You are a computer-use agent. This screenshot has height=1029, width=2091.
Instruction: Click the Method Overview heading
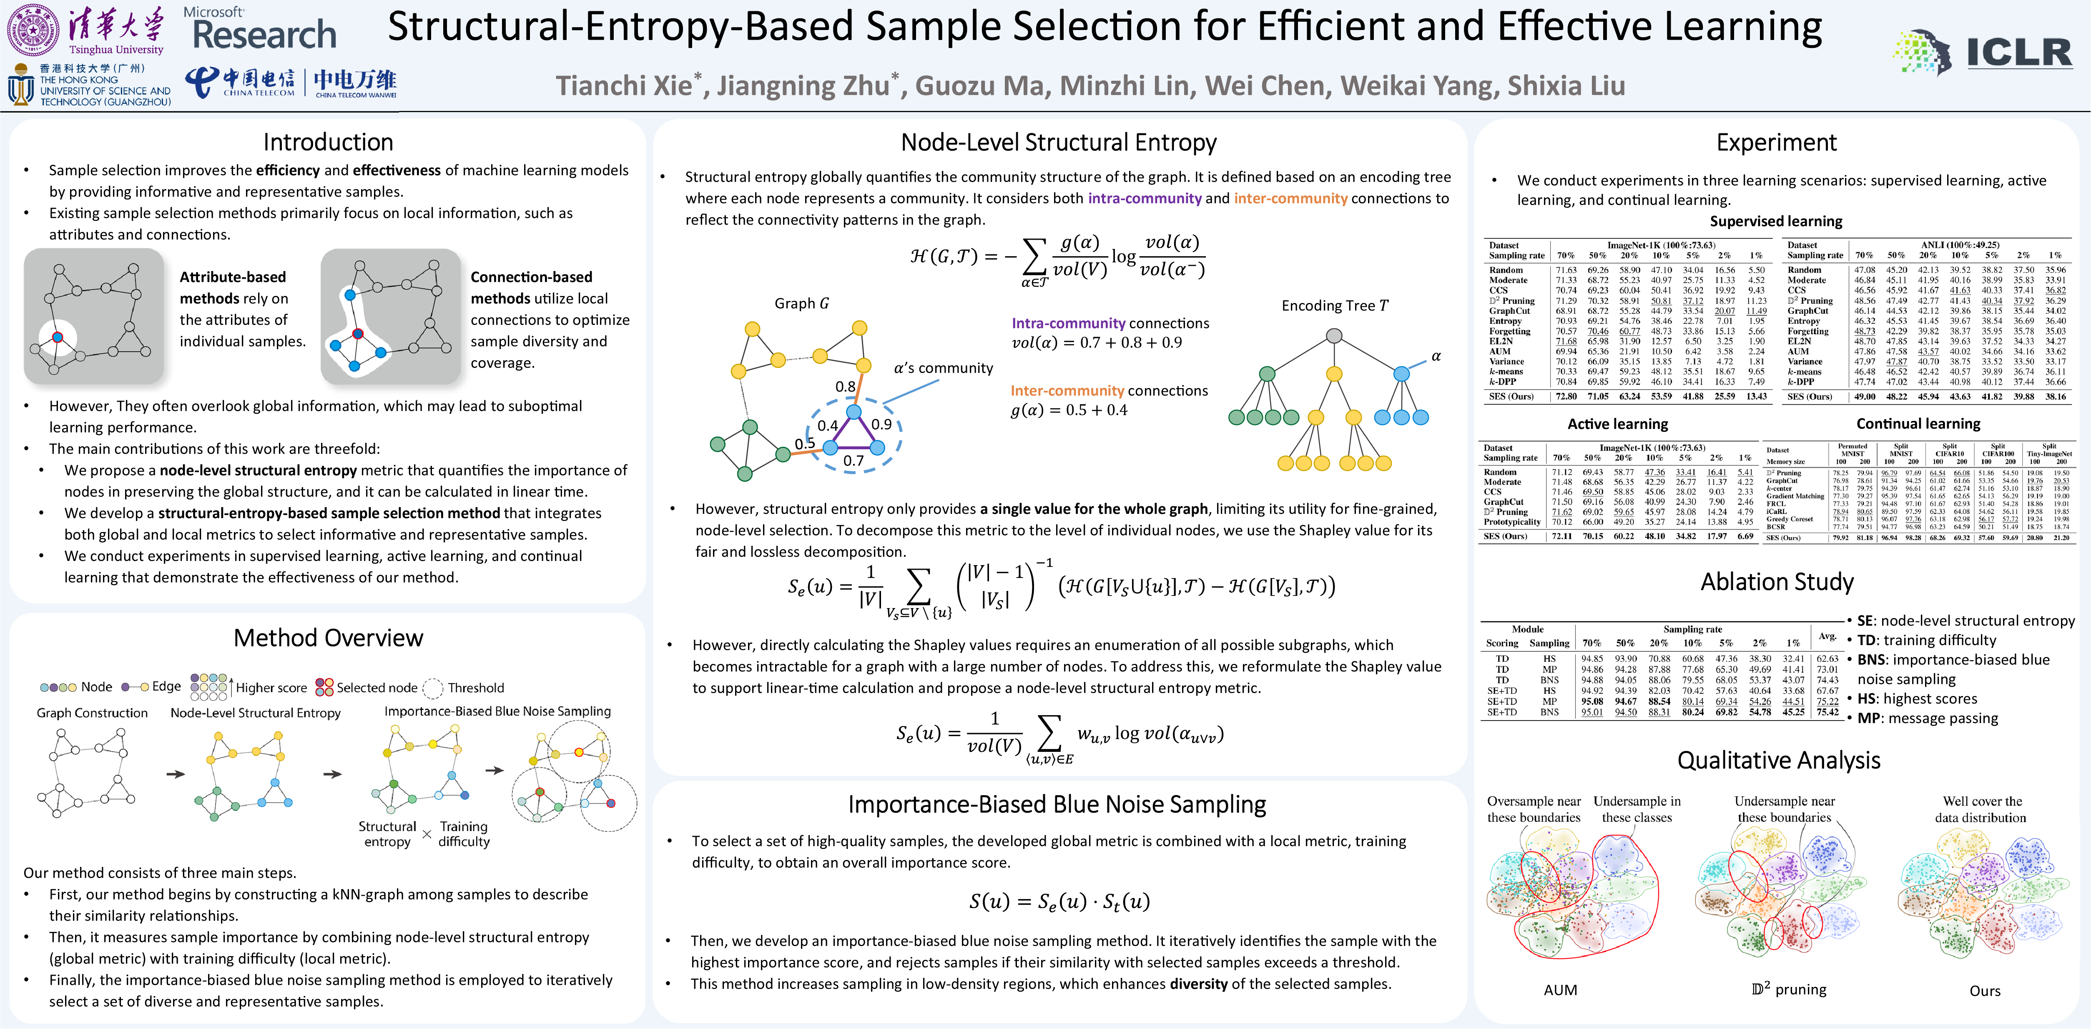click(328, 638)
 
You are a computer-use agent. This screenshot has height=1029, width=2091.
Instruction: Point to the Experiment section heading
click(1776, 143)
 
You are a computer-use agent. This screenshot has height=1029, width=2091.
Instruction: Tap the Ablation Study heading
click(1777, 582)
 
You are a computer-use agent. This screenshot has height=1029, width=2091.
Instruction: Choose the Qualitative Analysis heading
click(1778, 760)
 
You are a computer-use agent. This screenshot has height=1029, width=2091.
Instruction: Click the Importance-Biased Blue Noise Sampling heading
click(1057, 804)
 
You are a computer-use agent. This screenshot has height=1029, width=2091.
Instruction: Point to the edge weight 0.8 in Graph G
click(845, 386)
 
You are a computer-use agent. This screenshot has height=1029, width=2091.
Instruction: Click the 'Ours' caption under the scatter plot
click(1985, 991)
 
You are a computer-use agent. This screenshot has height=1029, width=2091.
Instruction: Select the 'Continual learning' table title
click(1918, 423)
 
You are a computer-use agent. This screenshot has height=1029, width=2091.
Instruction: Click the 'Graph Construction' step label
click(92, 713)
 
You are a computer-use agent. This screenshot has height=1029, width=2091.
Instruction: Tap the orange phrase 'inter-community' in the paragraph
click(1290, 198)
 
